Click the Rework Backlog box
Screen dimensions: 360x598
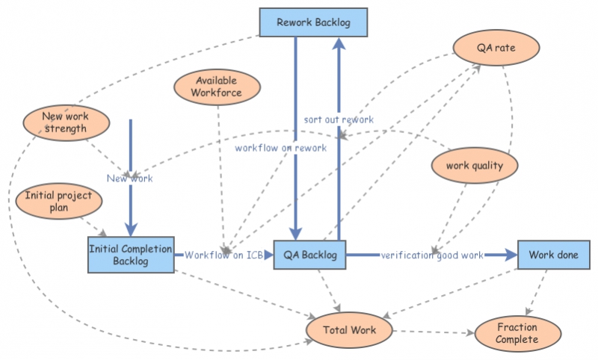[x=314, y=22]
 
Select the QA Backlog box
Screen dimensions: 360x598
[x=309, y=255]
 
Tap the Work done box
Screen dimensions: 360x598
[x=553, y=255]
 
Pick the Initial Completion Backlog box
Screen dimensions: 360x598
[x=131, y=255]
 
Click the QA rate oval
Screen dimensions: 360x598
[x=496, y=49]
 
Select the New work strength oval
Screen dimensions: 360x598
[x=64, y=122]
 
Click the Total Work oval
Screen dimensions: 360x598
[x=349, y=329]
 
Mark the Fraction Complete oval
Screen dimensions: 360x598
[x=517, y=333]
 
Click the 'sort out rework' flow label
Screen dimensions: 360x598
[x=339, y=120]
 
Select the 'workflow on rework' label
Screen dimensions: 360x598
[x=280, y=148]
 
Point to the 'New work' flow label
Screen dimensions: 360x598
[x=129, y=179]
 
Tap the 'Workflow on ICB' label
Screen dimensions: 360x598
[x=224, y=255]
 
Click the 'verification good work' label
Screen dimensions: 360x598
[x=432, y=255]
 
